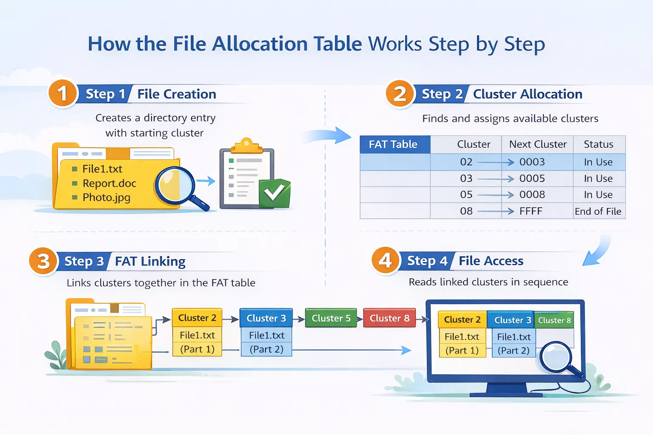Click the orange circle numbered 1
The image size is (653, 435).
point(62,93)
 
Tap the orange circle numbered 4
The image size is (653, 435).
point(386,260)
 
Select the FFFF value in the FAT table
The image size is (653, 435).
point(531,211)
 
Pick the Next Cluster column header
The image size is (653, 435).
point(538,144)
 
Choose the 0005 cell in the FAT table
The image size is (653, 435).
point(532,178)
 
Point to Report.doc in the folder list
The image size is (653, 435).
point(109,183)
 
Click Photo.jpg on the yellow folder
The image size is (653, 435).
point(106,198)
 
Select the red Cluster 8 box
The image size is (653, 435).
point(389,318)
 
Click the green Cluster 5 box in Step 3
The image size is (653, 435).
point(331,318)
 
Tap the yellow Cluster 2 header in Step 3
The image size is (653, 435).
point(197,318)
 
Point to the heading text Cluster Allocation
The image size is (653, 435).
point(528,94)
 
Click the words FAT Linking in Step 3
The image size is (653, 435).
point(150,261)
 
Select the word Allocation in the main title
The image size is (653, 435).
point(260,44)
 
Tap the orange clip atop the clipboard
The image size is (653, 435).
point(247,146)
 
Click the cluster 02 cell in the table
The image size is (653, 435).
point(466,162)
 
